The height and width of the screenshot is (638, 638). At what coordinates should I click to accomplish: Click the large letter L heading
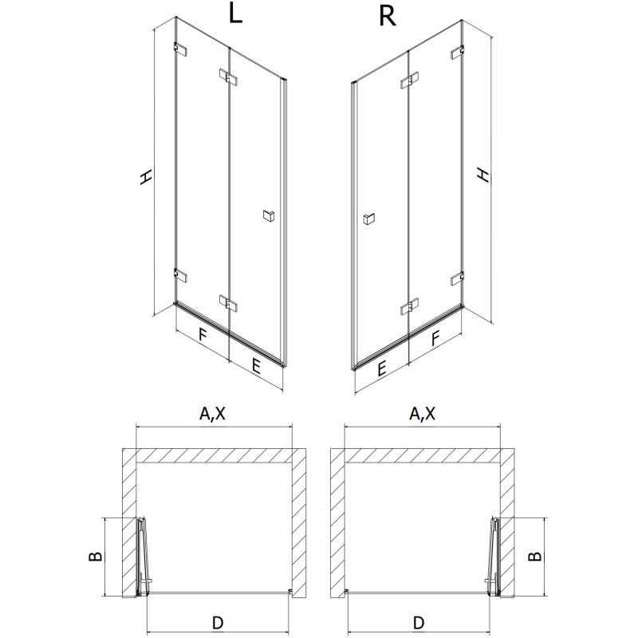click(234, 16)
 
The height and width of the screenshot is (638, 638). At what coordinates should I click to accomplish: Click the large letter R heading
click(388, 16)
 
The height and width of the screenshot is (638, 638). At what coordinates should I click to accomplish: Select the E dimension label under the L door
click(255, 366)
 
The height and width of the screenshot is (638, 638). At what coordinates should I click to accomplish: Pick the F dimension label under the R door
click(435, 337)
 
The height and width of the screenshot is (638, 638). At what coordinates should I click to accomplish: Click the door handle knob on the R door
click(368, 219)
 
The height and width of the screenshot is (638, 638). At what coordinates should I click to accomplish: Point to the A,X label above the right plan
click(422, 413)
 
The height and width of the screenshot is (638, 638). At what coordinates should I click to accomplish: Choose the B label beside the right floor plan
click(536, 557)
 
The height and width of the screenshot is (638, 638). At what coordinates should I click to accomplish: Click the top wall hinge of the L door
click(180, 49)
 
